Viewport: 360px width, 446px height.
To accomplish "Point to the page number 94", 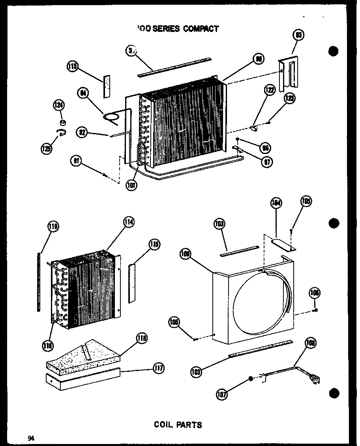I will point(31,438).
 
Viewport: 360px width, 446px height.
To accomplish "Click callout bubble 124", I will point(59,105).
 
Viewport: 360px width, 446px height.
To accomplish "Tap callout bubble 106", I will point(315,293).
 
